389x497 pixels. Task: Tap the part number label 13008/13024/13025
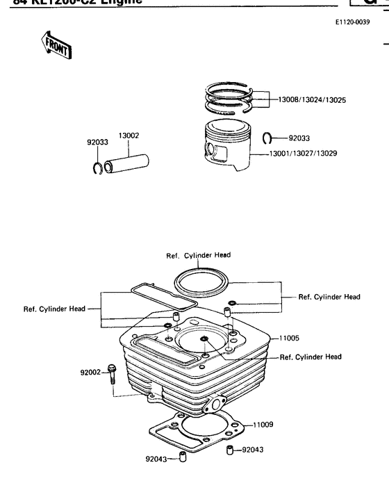pos(312,100)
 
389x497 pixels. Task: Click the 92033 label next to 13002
pos(97,142)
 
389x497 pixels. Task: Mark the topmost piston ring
pos(230,90)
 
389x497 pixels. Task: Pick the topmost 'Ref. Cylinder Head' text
pos(198,255)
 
